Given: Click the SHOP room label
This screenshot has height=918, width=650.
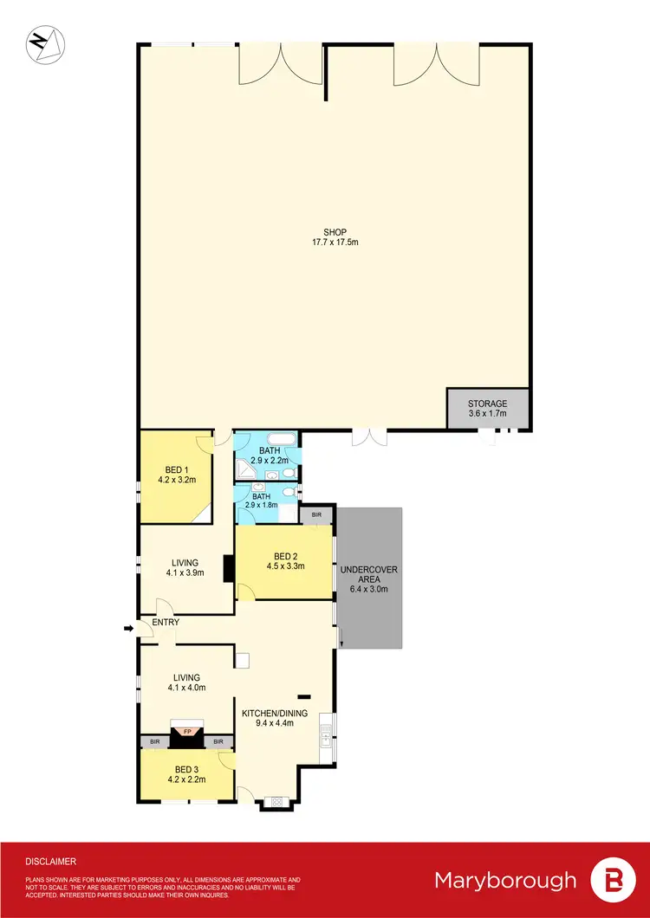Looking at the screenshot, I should click(x=335, y=232).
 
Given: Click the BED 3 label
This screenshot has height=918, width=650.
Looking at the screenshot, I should click(x=186, y=769).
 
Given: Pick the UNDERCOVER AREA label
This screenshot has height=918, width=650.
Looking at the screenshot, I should click(x=369, y=574).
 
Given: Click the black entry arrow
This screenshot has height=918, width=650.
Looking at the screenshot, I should click(x=129, y=629).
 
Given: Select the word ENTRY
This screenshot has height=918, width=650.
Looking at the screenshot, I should click(x=165, y=623).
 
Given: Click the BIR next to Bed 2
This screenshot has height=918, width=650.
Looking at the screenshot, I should click(x=316, y=514).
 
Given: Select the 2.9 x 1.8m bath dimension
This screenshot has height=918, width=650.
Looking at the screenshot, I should click(x=266, y=504).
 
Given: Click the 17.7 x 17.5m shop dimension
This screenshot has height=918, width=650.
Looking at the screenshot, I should click(x=335, y=242).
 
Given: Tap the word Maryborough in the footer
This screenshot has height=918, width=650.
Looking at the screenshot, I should click(x=505, y=881).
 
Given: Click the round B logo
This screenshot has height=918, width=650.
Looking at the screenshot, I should click(x=612, y=881).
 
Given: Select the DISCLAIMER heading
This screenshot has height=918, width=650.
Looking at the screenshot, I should click(x=50, y=862).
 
